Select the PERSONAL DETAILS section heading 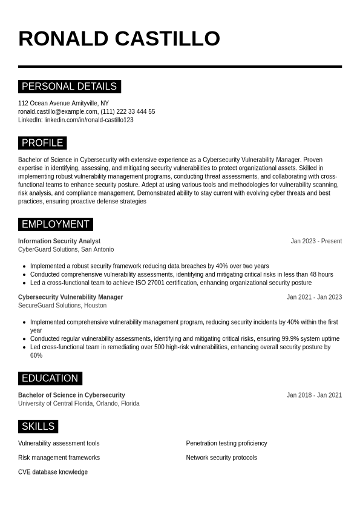click(x=69, y=87)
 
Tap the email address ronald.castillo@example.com click(x=57, y=111)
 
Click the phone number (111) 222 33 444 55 click(x=128, y=111)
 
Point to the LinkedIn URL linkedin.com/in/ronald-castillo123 click(x=89, y=120)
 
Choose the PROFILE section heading click(x=42, y=143)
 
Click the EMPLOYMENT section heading click(x=55, y=224)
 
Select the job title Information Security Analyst click(x=59, y=241)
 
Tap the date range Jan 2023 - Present click(x=316, y=241)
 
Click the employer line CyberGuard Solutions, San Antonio click(x=66, y=249)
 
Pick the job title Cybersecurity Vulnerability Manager click(x=70, y=297)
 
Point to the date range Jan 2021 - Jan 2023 click(x=314, y=297)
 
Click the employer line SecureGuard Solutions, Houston click(x=62, y=306)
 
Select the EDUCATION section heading click(x=50, y=378)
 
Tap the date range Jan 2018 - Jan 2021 click(x=314, y=395)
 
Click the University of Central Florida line click(x=79, y=404)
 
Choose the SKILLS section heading click(x=38, y=426)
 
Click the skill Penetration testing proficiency click(x=226, y=443)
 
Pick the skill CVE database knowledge click(x=53, y=472)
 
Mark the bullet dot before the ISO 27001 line click(x=24, y=283)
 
